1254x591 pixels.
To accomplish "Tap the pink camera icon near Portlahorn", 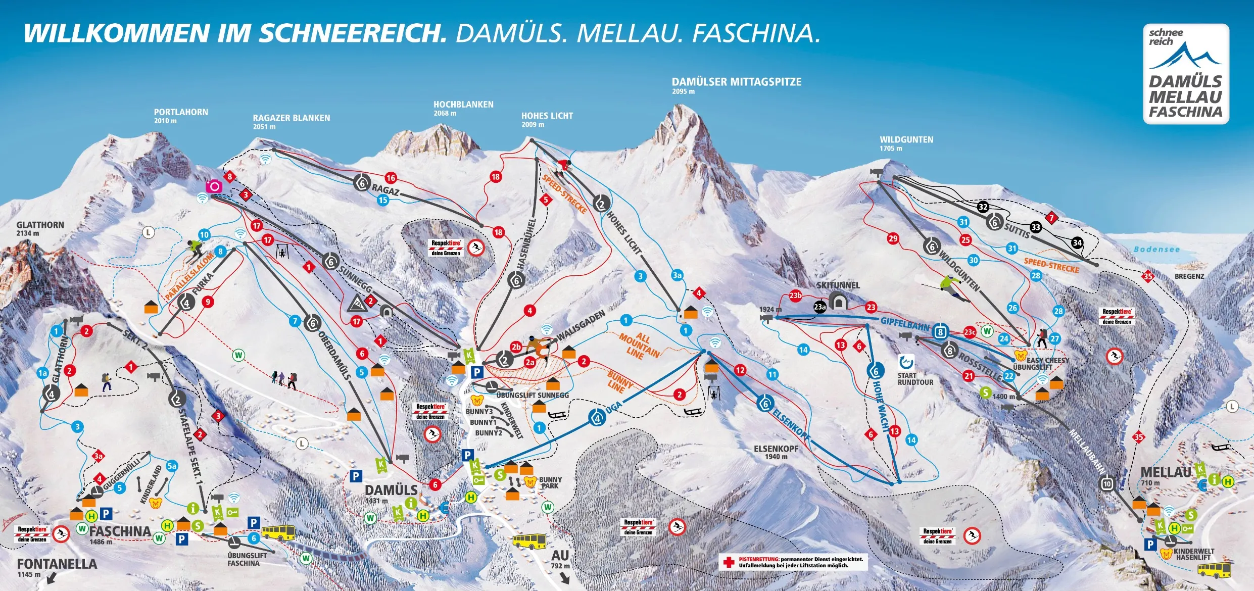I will [x=214, y=186].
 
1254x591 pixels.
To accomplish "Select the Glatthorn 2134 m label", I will [x=39, y=228].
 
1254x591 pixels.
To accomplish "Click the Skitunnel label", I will [x=838, y=285].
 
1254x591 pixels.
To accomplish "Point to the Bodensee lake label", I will [x=1156, y=249].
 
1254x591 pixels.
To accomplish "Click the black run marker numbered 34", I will [x=1077, y=243].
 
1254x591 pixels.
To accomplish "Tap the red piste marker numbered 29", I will [x=893, y=238].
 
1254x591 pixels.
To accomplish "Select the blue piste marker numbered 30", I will [x=973, y=260].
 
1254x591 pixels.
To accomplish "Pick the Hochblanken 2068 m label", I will [x=463, y=108].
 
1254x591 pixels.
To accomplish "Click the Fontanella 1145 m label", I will [x=57, y=567].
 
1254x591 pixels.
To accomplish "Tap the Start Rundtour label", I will [x=915, y=379].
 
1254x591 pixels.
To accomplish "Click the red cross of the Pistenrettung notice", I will [x=728, y=562].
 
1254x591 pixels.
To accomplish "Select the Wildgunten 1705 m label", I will [x=906, y=143].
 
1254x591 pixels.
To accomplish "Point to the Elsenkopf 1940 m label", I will [x=776, y=452].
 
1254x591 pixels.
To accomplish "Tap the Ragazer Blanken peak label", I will [x=291, y=121].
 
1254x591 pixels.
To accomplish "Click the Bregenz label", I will [x=1189, y=276].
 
